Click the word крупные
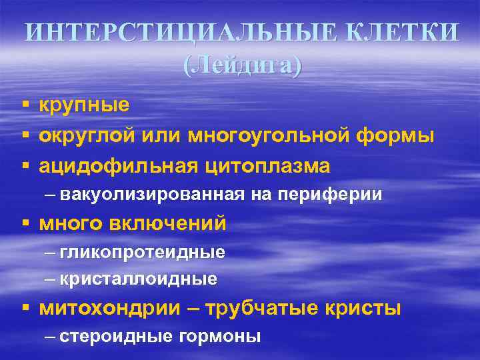tap(84, 105)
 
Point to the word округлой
tap(89, 136)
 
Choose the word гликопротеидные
tap(142, 253)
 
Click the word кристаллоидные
tap(138, 279)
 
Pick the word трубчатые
tap(263, 309)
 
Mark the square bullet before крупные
tap(24, 106)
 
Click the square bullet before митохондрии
tap(24, 309)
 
